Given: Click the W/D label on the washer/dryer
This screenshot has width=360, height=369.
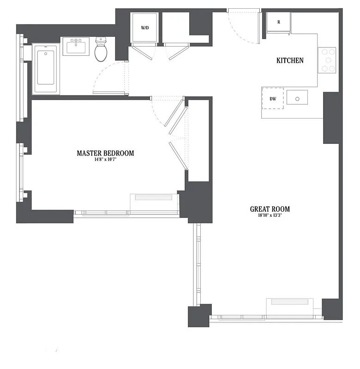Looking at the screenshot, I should tap(144, 28).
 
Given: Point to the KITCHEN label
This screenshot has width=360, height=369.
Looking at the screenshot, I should tap(290, 60).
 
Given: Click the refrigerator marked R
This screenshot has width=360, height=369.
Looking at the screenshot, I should tap(279, 23).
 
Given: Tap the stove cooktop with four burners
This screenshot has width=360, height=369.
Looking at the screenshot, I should tap(328, 60).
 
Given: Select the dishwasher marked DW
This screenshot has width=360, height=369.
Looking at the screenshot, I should tap(273, 99).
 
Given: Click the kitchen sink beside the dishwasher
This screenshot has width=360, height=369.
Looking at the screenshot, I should tap(297, 98).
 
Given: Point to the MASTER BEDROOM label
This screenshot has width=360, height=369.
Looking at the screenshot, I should tap(105, 153).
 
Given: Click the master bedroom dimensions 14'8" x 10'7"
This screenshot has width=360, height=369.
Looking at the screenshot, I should tap(105, 160).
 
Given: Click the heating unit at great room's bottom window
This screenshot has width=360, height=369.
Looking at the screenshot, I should tap(289, 303).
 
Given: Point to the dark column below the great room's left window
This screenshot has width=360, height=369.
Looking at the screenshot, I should tap(199, 315).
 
